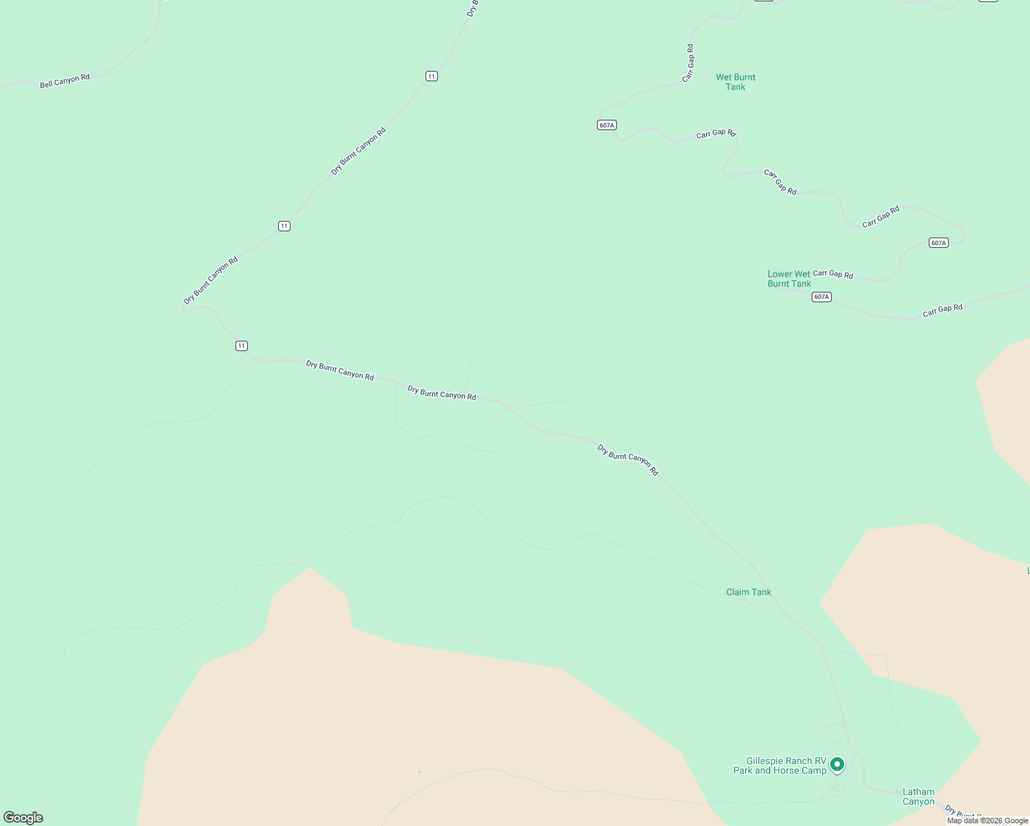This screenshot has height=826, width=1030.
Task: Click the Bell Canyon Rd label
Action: [x=65, y=81]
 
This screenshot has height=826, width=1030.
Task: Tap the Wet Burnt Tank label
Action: [x=735, y=82]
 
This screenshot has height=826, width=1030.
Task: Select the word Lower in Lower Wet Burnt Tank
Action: [x=780, y=274]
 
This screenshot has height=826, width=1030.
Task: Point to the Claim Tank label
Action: [x=748, y=592]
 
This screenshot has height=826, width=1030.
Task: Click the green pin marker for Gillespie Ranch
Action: [x=837, y=764]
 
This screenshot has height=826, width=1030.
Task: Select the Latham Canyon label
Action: [x=918, y=796]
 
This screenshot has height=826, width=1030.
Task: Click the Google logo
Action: [x=23, y=818]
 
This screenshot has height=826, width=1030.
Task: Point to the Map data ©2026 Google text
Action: [x=987, y=820]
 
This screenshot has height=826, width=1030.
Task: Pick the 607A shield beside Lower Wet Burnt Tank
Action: [x=821, y=297]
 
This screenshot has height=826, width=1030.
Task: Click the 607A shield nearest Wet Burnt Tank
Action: [x=606, y=125]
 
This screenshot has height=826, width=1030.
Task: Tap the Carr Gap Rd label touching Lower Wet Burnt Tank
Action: [x=832, y=274]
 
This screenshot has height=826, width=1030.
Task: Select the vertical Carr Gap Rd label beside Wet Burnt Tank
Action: [x=689, y=63]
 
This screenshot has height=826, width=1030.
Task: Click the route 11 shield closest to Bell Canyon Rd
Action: [x=431, y=76]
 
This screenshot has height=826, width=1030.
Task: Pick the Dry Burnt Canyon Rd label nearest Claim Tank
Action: [x=627, y=460]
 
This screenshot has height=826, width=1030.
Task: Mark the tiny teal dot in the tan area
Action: [x=419, y=772]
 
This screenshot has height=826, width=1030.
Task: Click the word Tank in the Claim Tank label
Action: [x=760, y=592]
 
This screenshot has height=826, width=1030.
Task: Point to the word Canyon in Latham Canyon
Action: [x=918, y=801]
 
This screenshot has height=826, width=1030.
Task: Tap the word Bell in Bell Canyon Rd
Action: [x=45, y=84]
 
